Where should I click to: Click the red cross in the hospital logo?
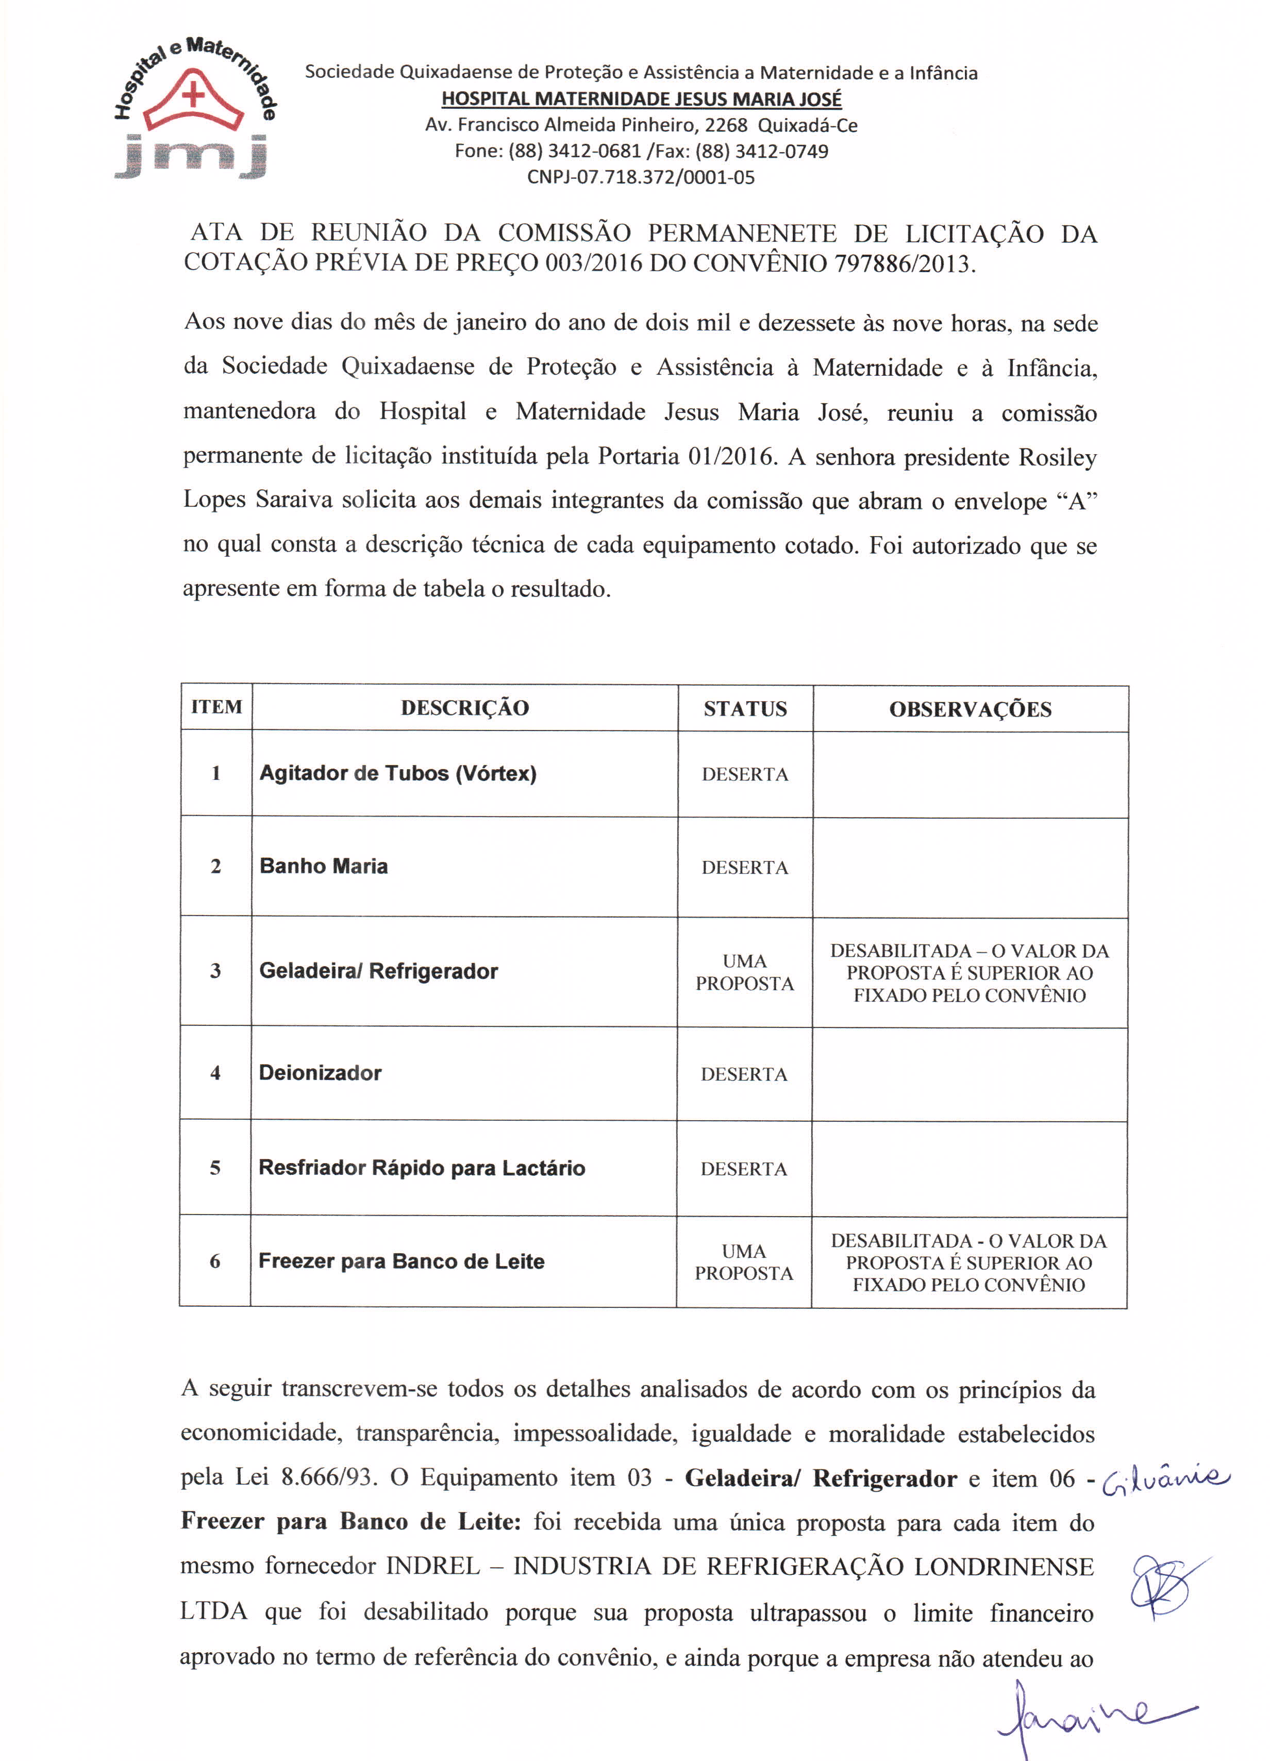pos(193,95)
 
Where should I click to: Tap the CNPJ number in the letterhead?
pos(641,177)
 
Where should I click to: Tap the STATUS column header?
pos(745,709)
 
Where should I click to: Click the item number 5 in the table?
pos(215,1168)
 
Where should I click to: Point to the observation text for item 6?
pos(969,1262)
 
